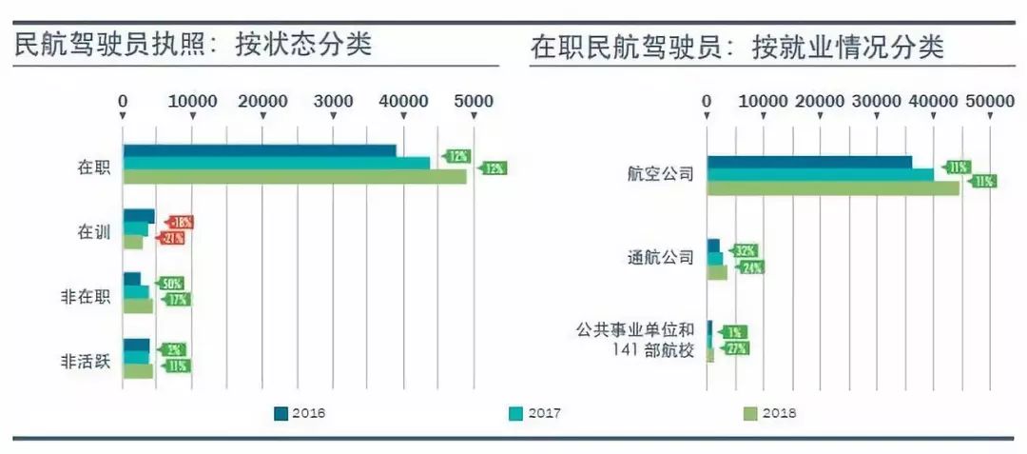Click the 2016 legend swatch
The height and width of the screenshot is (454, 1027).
280,413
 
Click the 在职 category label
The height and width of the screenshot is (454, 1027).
94,168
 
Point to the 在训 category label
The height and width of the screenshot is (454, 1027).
94,230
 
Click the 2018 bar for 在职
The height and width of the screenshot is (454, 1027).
295,176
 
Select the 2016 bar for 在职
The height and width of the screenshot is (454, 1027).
260,150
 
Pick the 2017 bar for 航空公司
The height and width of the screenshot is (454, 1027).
820,174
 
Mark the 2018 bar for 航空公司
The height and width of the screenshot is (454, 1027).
833,188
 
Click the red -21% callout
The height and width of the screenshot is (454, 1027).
172,238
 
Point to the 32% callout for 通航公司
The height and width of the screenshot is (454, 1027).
745,251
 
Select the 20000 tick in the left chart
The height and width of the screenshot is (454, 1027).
263,102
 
